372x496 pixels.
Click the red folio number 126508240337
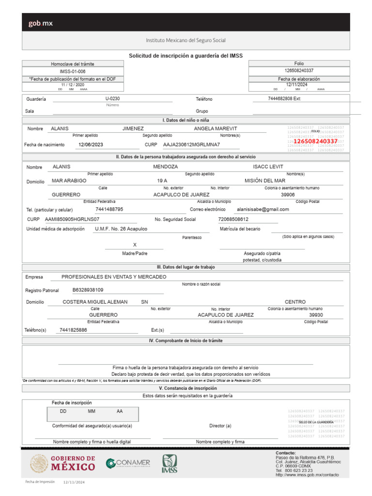coord(315,141)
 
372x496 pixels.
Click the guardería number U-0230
coord(112,98)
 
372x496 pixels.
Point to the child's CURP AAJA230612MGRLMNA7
coord(191,145)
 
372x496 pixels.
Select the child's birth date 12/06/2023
coord(91,145)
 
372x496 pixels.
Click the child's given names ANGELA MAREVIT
coord(216,128)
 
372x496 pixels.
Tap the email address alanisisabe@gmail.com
coord(263,209)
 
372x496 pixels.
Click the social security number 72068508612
coord(237,219)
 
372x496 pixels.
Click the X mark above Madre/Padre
coord(135,245)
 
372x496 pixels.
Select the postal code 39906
coord(288,194)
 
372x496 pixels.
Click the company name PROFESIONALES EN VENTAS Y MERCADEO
coord(114,277)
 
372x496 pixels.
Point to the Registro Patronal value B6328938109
coord(88,290)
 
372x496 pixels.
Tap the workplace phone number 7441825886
coord(73,330)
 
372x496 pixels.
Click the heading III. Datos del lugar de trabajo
coord(186,267)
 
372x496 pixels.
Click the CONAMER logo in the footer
coord(128,464)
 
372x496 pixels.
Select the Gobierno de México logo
coord(63,464)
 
